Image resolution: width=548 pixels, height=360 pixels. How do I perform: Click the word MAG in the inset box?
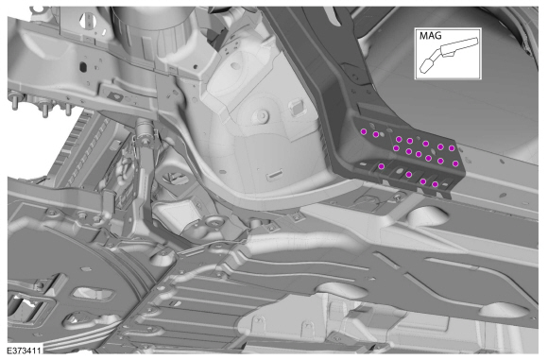[430, 36]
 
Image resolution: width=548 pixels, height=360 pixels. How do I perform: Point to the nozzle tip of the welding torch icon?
[424, 67]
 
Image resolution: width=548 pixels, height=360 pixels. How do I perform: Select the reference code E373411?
[24, 350]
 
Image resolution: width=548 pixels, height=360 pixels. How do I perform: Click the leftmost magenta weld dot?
[364, 131]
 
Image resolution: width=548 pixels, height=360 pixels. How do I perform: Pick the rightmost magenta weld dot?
[455, 163]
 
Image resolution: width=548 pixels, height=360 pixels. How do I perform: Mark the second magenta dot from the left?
[376, 134]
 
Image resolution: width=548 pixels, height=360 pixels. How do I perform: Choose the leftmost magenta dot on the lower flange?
[382, 166]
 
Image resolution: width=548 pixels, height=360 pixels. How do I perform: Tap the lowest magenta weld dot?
[436, 184]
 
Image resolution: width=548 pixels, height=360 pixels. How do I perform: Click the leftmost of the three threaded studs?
[15, 101]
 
